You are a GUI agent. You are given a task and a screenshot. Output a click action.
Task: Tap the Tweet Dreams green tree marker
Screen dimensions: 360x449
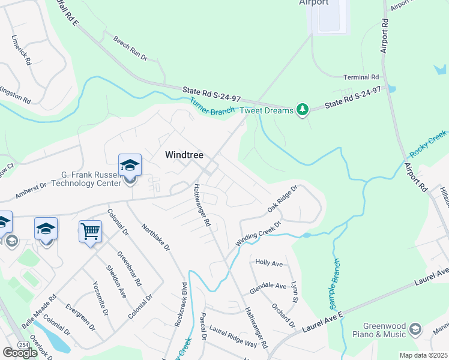pos(304,109)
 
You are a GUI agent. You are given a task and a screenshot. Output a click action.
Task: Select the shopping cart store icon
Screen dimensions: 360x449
pos(90,230)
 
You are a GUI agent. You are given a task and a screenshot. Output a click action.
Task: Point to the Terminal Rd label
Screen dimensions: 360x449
pos(361,77)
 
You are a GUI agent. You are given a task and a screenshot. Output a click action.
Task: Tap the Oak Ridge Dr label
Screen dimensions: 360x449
pos(283,199)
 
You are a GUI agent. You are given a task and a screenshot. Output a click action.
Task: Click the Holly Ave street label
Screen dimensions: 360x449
pos(268,263)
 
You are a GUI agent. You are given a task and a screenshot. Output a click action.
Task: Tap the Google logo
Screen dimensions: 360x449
pos(20,353)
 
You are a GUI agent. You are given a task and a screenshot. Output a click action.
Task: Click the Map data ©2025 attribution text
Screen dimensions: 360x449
pos(423,355)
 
